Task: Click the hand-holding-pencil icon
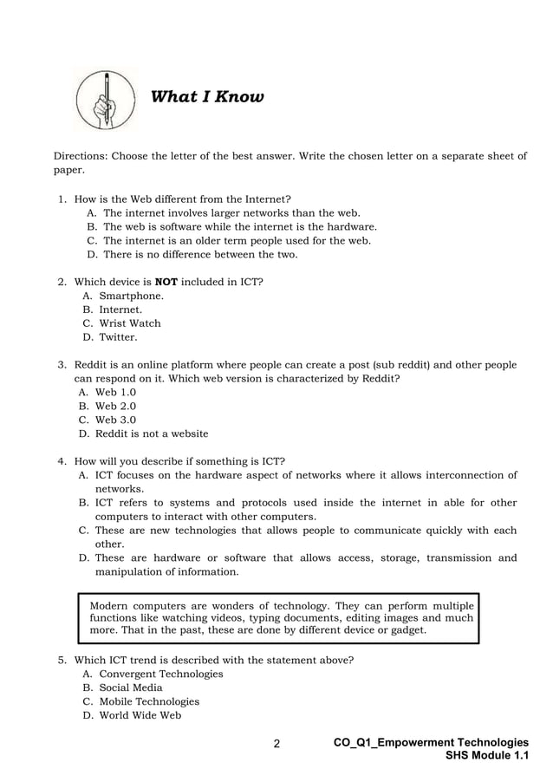click(x=104, y=99)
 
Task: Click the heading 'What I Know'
click(x=207, y=97)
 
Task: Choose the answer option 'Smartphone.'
click(x=131, y=296)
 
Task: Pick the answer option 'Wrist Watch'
click(x=130, y=323)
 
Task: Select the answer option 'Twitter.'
click(x=118, y=337)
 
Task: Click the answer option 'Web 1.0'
click(x=115, y=392)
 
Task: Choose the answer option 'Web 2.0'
click(x=115, y=406)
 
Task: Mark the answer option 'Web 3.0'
click(x=115, y=420)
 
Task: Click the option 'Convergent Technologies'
click(x=161, y=674)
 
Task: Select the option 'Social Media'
click(x=131, y=688)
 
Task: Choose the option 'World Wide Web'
click(x=140, y=715)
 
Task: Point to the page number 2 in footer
click(x=276, y=744)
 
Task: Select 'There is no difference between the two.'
click(x=200, y=255)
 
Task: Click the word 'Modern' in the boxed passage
click(x=109, y=605)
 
